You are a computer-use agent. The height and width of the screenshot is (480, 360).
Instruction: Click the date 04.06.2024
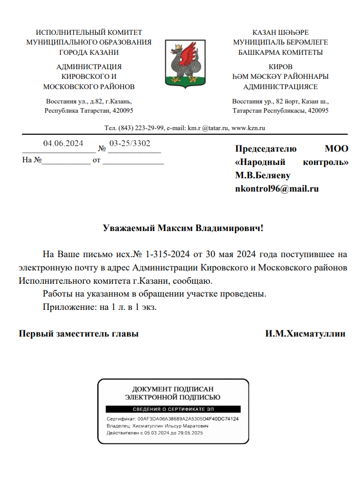(63, 143)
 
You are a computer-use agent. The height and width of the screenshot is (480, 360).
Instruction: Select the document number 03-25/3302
(130, 143)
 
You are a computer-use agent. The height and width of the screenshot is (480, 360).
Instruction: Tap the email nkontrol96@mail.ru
(277, 189)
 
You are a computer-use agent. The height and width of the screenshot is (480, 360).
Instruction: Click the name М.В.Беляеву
(263, 175)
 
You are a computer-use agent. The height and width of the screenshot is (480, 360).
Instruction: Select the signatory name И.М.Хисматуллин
(305, 333)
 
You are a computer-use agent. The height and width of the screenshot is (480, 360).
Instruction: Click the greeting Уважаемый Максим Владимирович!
(183, 228)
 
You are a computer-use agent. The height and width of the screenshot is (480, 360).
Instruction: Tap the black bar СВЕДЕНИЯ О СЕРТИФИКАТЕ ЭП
(173, 409)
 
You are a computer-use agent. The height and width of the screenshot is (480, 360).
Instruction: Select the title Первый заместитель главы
(79, 333)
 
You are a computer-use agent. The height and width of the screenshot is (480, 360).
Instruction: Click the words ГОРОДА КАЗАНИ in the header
(89, 52)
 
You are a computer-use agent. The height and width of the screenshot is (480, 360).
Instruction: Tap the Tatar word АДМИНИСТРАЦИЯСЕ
(280, 87)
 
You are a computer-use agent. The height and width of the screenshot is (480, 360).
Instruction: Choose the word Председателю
(266, 149)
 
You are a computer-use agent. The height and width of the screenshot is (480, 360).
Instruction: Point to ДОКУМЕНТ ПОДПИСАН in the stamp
(173, 389)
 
